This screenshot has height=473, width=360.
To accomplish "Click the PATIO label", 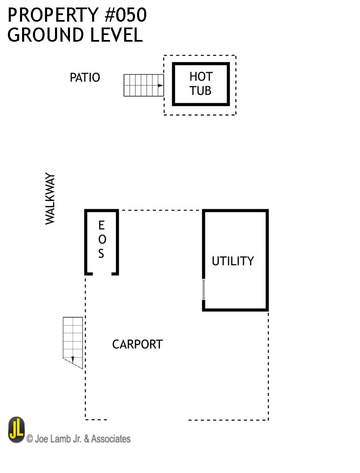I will click(x=85, y=78).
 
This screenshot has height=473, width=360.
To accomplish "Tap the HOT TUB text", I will click(x=201, y=83).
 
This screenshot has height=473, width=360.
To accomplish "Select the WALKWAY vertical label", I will click(x=50, y=199).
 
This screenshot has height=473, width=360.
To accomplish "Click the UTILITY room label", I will click(x=232, y=261).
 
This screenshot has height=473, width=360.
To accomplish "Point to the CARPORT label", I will click(x=137, y=344).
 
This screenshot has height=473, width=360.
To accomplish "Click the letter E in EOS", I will click(x=101, y=225).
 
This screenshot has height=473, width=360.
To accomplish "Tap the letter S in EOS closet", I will click(x=101, y=254).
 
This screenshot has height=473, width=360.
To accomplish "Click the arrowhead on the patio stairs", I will click(x=160, y=85).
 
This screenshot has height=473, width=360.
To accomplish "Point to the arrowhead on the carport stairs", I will click(x=73, y=359).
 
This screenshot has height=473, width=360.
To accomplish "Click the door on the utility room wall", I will click(x=204, y=289).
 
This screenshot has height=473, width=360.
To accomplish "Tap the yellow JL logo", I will click(x=17, y=430).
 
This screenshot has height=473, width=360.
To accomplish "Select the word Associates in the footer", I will click(x=110, y=439).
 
